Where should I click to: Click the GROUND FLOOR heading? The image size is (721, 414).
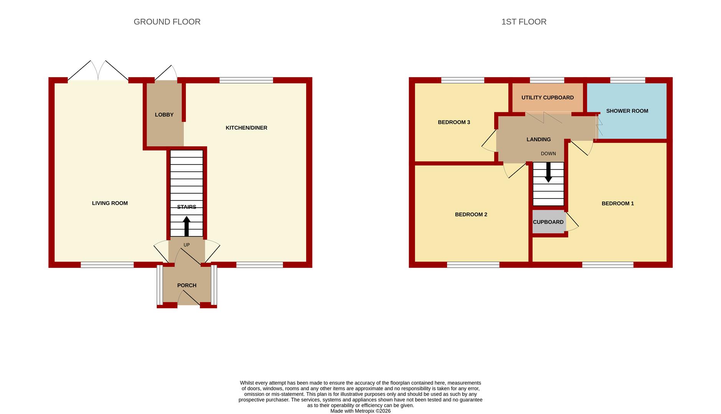(x=167, y=22)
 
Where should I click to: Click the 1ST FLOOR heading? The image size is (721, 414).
(x=524, y=22)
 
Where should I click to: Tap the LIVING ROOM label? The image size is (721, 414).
(x=110, y=203)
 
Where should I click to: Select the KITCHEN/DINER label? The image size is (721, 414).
(x=246, y=128)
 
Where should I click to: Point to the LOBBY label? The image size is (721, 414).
(x=164, y=115)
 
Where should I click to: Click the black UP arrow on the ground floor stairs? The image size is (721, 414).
(x=187, y=226)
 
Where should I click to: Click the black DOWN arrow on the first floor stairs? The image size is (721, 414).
(x=548, y=172)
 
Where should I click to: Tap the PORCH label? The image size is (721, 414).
(x=187, y=285)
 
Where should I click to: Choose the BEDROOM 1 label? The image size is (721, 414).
(x=618, y=204)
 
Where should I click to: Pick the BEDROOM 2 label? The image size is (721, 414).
(x=471, y=215)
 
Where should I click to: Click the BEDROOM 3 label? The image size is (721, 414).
(x=454, y=122)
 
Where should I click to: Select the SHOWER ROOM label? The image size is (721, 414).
(x=627, y=111)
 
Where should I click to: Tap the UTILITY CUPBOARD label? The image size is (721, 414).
(x=548, y=97)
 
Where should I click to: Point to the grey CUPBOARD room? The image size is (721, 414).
(x=549, y=222)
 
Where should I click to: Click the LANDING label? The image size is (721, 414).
(x=539, y=140)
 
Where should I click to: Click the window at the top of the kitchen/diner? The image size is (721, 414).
(x=246, y=80)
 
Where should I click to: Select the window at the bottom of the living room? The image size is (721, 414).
(x=107, y=264)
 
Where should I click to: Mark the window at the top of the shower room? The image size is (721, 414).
(x=628, y=80)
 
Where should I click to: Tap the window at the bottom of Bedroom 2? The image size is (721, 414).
(x=473, y=264)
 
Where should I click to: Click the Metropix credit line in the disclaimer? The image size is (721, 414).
(x=361, y=411)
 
